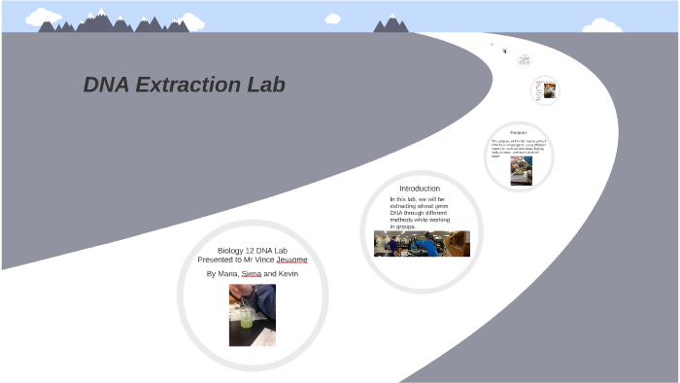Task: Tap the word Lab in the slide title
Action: [264, 85]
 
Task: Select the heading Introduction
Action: [420, 188]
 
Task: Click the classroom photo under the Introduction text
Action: [422, 243]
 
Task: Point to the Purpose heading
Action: [519, 132]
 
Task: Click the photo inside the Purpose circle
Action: [522, 171]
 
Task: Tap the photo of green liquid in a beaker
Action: [253, 315]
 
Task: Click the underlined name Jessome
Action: [291, 260]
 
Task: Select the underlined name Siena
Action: [252, 274]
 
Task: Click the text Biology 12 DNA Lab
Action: [253, 251]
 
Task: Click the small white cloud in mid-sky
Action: [332, 18]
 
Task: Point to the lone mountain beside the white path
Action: [391, 23]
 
